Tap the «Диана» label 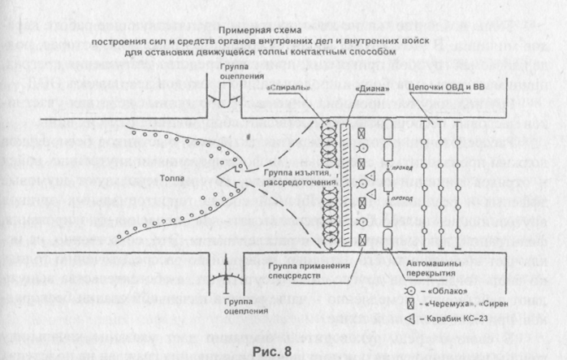coord(367,89)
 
